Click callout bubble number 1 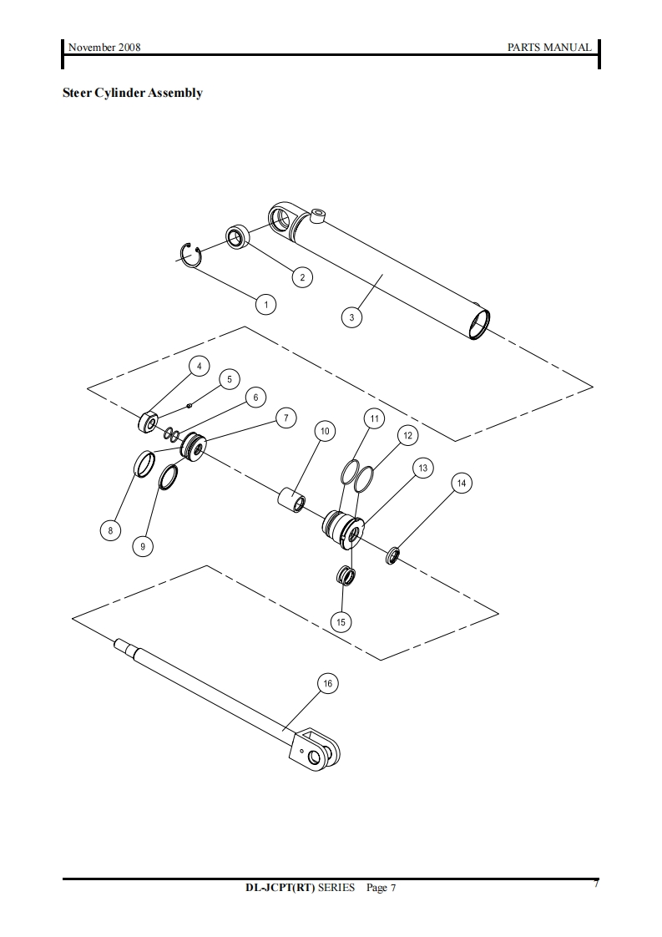click(x=265, y=305)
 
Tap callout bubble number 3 click(x=351, y=317)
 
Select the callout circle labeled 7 click(x=286, y=418)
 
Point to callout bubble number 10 click(x=325, y=432)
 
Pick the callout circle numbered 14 click(x=462, y=483)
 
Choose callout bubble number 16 click(x=327, y=684)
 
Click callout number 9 click(x=143, y=546)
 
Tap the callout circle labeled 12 click(x=407, y=436)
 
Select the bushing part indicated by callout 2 click(x=236, y=237)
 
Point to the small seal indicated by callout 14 click(x=392, y=555)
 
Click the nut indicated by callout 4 click(x=148, y=423)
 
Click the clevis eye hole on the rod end click(x=314, y=757)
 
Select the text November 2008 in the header click(x=104, y=48)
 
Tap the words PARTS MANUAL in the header click(x=549, y=48)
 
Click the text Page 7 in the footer click(x=381, y=888)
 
